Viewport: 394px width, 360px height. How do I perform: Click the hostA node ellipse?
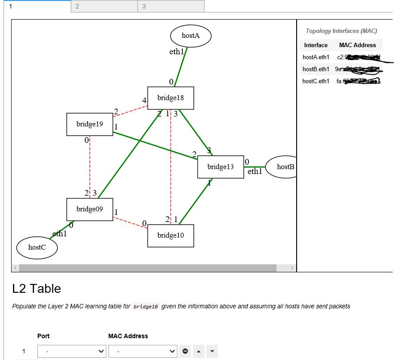pyautogui.click(x=190, y=36)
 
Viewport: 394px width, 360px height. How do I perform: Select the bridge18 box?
pyautogui.click(x=170, y=98)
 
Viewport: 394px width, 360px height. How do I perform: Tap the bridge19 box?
pyautogui.click(x=89, y=124)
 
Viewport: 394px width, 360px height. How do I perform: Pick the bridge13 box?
pyautogui.click(x=221, y=167)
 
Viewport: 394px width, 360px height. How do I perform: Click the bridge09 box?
pyautogui.click(x=89, y=209)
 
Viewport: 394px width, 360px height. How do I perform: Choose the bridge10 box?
pyautogui.click(x=170, y=235)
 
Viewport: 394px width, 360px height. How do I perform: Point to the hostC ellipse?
pyautogui.click(x=37, y=248)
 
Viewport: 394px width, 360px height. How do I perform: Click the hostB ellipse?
pyautogui.click(x=282, y=167)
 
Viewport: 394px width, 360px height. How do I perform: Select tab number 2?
pyautogui.click(x=104, y=6)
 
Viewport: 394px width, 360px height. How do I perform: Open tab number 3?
pyautogui.click(x=171, y=6)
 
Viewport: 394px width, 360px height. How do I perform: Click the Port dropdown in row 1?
pyautogui.click(x=72, y=352)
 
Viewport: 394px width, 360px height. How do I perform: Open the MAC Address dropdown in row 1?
pyautogui.click(x=143, y=352)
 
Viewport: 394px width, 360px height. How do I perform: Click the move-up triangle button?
pyautogui.click(x=198, y=352)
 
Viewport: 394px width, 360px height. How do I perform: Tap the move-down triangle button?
pyautogui.click(x=212, y=352)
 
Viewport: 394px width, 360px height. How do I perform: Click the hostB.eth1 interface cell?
pyautogui.click(x=316, y=69)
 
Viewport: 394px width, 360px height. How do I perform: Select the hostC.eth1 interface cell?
pyautogui.click(x=316, y=81)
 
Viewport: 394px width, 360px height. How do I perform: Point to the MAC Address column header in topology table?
pyautogui.click(x=358, y=45)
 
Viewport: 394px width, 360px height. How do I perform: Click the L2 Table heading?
pyautogui.click(x=36, y=289)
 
